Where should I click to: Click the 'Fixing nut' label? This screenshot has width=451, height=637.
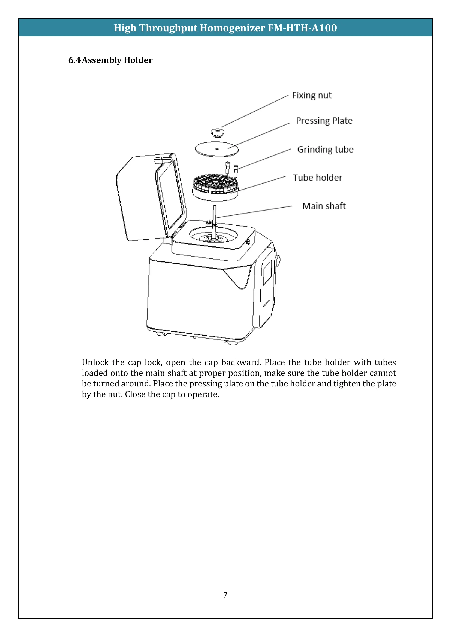tap(312, 95)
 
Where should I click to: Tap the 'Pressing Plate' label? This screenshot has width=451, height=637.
tap(324, 121)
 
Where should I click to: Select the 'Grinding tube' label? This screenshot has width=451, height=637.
tap(325, 149)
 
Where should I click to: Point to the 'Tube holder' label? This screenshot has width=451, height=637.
tap(317, 178)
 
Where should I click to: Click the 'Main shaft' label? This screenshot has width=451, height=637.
tap(324, 206)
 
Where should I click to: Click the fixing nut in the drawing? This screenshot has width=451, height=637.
tap(217, 133)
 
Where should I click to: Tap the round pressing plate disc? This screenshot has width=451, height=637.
tap(217, 149)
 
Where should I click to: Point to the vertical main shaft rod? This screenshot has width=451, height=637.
tap(214, 219)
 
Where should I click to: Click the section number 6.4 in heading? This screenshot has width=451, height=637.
tap(74, 60)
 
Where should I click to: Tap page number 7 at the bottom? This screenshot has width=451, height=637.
tap(225, 595)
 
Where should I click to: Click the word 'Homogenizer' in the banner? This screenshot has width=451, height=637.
tap(232, 28)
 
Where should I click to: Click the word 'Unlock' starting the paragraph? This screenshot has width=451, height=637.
tap(95, 362)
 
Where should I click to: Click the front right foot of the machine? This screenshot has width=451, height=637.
tap(232, 343)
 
